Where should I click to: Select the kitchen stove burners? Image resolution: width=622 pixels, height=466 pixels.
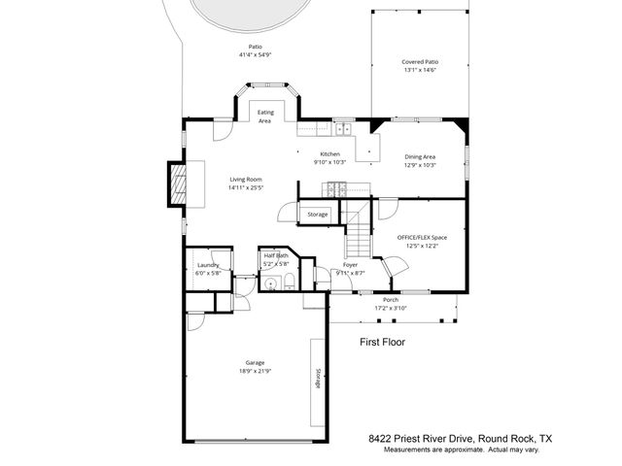(x=336, y=188)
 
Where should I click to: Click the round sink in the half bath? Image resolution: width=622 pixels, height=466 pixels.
(x=271, y=283)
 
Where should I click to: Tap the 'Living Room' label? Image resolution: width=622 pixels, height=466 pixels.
(x=246, y=180)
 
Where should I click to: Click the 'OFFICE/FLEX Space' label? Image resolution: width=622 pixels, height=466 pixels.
(x=422, y=237)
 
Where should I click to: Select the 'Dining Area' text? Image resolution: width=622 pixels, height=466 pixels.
(x=420, y=156)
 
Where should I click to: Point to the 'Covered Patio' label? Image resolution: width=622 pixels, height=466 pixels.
(x=420, y=62)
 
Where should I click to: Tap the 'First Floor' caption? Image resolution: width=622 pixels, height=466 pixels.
(x=382, y=342)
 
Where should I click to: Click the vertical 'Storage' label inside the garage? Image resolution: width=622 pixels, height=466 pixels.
(x=317, y=380)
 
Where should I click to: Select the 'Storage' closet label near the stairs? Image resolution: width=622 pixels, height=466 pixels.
(x=318, y=214)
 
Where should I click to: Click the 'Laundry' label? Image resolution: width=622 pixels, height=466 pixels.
(x=208, y=265)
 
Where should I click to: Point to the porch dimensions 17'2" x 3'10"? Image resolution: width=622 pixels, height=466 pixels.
(x=391, y=309)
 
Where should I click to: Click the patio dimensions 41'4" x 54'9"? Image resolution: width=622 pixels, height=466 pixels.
(x=255, y=55)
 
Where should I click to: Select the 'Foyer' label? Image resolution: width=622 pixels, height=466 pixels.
(x=351, y=265)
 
